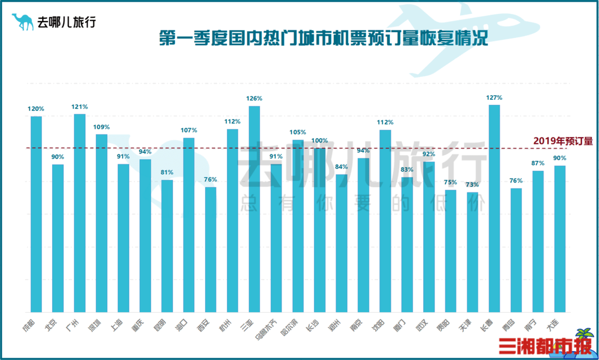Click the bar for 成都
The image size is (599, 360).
(36, 214)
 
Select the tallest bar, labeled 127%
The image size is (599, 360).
(494, 208)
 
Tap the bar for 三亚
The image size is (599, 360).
(255, 209)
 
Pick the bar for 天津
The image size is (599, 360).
(473, 252)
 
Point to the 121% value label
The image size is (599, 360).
(79, 106)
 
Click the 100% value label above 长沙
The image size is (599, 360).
(319, 140)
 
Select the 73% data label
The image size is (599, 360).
(473, 185)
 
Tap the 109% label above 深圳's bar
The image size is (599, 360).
(101, 126)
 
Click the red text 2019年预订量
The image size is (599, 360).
(563, 141)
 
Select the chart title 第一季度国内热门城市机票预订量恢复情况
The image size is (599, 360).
(323, 40)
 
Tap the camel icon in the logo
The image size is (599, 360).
(23, 22)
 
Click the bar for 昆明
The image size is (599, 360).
(167, 246)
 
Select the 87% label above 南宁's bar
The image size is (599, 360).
(538, 163)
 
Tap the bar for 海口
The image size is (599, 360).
(189, 225)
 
